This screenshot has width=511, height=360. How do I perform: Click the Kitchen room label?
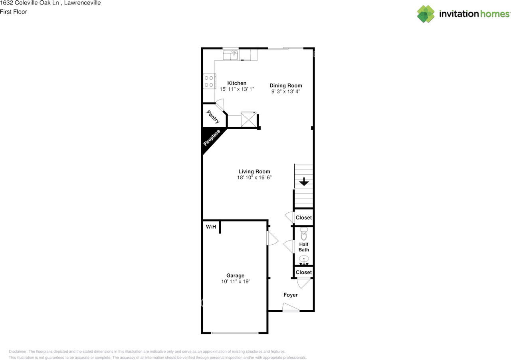(237, 83)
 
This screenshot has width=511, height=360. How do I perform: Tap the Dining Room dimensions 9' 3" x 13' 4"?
(285, 91)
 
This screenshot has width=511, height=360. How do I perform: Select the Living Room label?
(254, 172)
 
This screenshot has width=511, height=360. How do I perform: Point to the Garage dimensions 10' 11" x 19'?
(235, 281)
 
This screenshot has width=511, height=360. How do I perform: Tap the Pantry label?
(212, 117)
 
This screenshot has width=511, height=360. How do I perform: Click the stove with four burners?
(209, 81)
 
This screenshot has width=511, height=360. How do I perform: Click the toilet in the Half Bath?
(304, 233)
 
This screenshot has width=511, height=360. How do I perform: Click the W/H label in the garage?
(211, 227)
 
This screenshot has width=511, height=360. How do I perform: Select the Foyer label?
(290, 295)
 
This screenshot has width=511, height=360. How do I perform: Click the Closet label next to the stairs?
(303, 218)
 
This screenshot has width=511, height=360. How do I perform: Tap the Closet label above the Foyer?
(303, 272)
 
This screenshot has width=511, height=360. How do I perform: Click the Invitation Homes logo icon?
(426, 14)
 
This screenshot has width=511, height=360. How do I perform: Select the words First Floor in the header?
(14, 12)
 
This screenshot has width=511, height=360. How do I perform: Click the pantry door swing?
(221, 106)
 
